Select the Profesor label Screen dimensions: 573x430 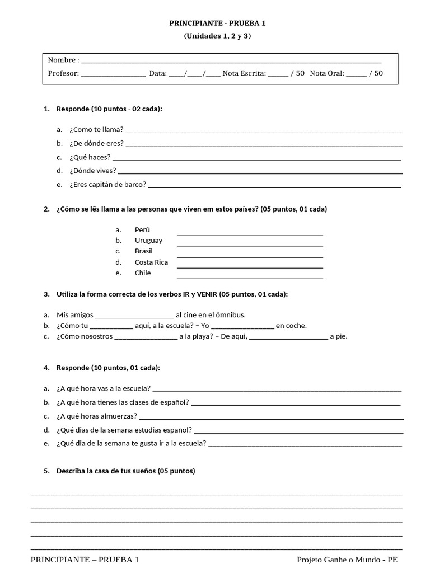pyautogui.click(x=63, y=73)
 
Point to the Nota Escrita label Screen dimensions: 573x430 pyautogui.click(x=244, y=73)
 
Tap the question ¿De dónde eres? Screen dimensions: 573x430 pyautogui.click(x=96, y=143)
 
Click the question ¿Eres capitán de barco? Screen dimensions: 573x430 pyautogui.click(x=107, y=184)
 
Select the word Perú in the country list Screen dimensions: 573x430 pyautogui.click(x=142, y=229)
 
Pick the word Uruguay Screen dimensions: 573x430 pyautogui.click(x=148, y=240)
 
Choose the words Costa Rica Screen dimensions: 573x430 pyautogui.click(x=151, y=262)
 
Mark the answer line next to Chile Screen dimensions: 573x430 pyautogui.click(x=250, y=278)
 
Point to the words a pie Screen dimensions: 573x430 pyautogui.click(x=338, y=336)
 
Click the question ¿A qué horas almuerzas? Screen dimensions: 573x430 pyautogui.click(x=96, y=416)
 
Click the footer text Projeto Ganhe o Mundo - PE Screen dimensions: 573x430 pyautogui.click(x=347, y=560)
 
